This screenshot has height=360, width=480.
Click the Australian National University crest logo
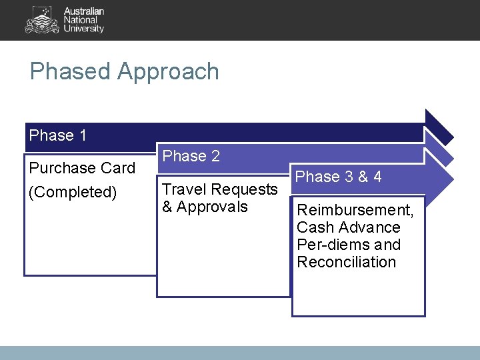coord(41,20)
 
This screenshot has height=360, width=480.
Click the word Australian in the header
coord(84,11)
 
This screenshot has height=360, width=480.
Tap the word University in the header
coord(83,29)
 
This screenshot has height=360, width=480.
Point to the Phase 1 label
coord(58,135)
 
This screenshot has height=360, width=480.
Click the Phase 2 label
coord(191,156)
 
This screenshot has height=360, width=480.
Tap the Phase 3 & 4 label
coord(339,177)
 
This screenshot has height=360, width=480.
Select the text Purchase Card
coord(82,168)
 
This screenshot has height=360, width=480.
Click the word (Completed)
coord(73,192)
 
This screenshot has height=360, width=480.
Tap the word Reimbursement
coord(355,210)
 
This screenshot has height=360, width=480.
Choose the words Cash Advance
coord(348,227)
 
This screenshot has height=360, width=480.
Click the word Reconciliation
coord(346,262)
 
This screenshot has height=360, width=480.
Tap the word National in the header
coord(80,20)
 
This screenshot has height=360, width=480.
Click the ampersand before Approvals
coord(167,207)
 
